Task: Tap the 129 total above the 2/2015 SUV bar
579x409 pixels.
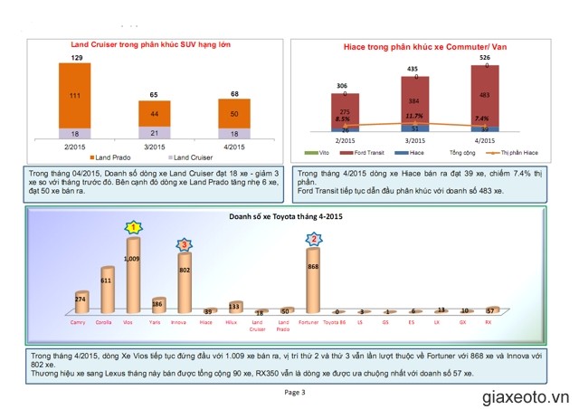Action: (76, 58)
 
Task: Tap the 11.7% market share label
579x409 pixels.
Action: (414, 116)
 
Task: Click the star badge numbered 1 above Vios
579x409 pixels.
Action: (133, 228)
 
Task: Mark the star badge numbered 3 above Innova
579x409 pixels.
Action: (184, 244)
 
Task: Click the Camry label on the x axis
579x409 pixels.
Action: (80, 320)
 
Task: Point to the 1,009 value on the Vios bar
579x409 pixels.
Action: (133, 259)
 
